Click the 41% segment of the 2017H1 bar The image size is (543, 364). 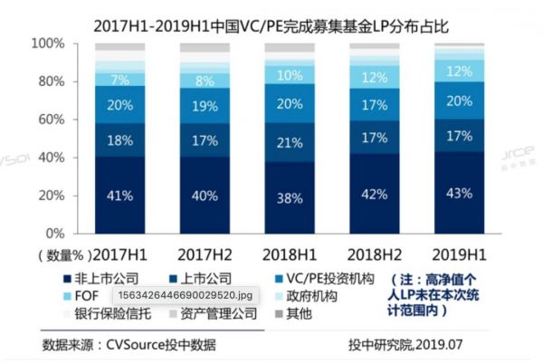[x=120, y=194]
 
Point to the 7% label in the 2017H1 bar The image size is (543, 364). [x=120, y=79]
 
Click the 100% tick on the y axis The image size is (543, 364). [x=47, y=43]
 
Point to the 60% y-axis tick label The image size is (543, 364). [x=50, y=120]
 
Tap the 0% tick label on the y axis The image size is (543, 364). [x=54, y=233]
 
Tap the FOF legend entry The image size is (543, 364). [x=81, y=295]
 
